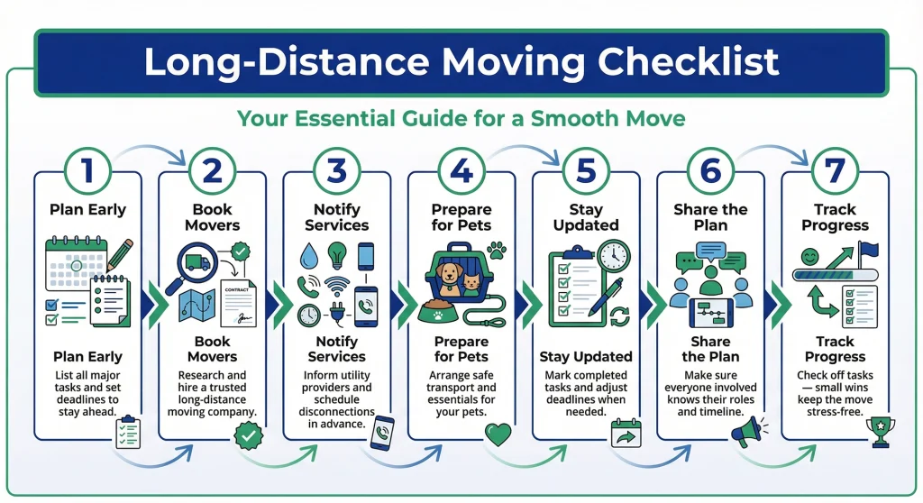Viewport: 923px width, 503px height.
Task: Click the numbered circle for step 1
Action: [87, 170]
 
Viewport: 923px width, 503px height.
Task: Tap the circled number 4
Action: [461, 170]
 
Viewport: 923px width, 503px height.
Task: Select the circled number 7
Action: [835, 170]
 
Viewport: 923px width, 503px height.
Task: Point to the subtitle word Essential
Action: [353, 118]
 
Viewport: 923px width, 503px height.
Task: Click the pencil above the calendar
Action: [120, 255]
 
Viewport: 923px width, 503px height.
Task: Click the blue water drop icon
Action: [308, 254]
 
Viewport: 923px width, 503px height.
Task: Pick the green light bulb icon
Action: [337, 254]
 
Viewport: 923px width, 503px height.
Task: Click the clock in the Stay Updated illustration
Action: [613, 256]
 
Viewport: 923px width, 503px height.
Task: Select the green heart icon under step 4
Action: [498, 434]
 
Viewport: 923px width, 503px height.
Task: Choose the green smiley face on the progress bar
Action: [808, 257]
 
